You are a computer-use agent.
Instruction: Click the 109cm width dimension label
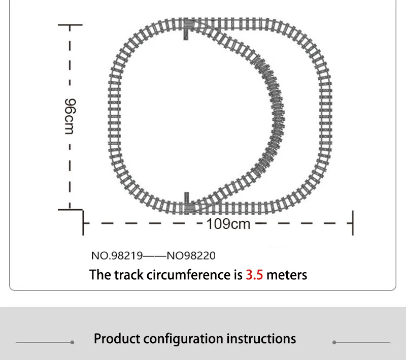228,223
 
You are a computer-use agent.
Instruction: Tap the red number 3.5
254,275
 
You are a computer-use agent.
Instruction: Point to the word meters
287,275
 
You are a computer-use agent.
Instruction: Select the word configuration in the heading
182,339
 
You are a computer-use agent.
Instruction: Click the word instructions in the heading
261,339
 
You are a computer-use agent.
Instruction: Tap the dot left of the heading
72,343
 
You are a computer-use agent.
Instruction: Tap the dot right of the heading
334,343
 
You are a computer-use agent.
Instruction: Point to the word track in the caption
126,275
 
